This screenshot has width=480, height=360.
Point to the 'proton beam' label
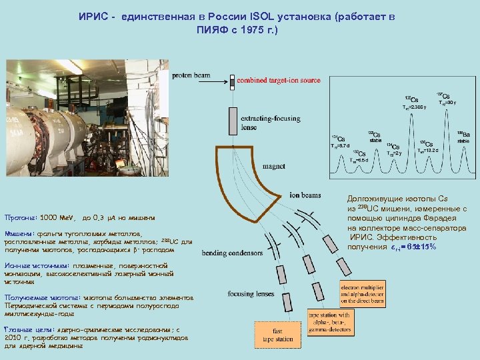[x=191, y=75]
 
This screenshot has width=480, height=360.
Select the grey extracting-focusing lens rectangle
[x=232, y=119]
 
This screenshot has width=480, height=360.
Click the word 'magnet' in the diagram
[x=275, y=166]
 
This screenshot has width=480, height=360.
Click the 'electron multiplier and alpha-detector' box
[x=365, y=293]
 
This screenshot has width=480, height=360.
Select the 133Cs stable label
[x=375, y=136]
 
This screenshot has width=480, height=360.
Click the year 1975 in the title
[x=249, y=30]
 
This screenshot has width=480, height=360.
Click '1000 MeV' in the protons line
[x=59, y=217]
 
